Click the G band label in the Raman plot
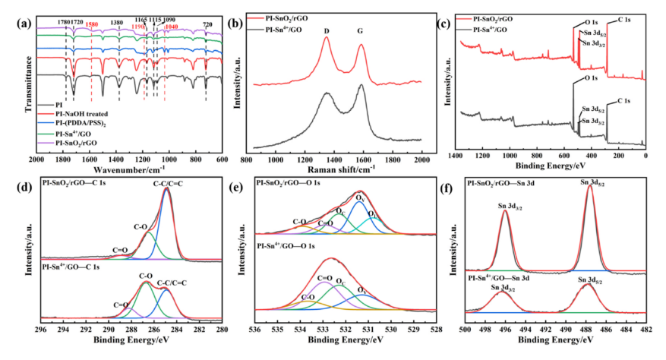(362, 30)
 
